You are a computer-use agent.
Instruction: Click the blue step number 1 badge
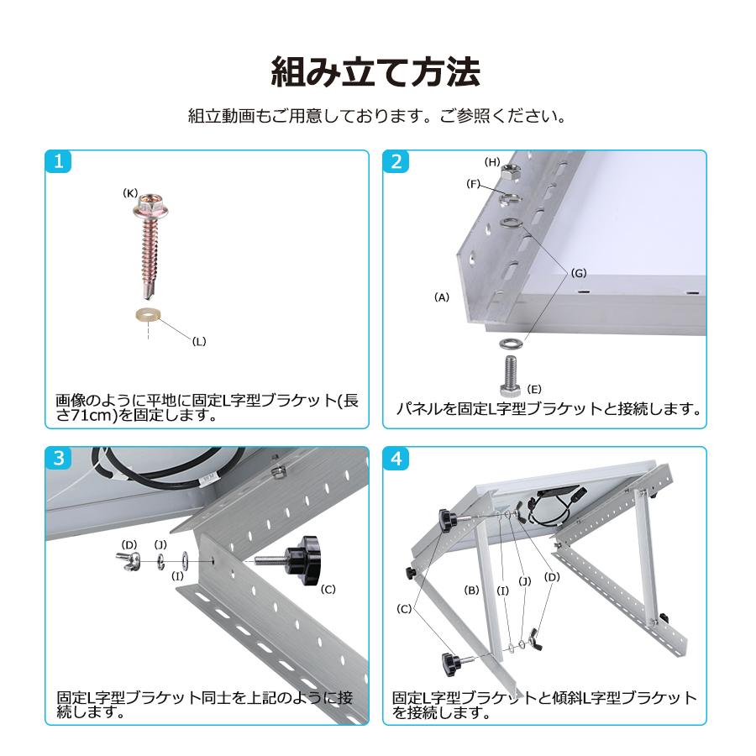58,161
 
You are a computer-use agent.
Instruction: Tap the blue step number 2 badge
396,161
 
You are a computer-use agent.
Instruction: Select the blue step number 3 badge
58,458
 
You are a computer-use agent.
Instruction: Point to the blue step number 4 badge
396,458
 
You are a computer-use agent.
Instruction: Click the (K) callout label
130,193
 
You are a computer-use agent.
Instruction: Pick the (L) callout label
199,341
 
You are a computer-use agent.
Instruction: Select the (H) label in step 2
491,162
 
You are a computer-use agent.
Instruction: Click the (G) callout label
579,273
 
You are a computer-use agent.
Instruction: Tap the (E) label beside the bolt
533,389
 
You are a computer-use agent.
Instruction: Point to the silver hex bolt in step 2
511,375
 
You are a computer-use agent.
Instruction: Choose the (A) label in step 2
442,297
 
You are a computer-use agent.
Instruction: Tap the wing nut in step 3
129,561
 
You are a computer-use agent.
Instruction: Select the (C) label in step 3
328,589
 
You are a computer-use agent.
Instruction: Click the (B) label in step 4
471,590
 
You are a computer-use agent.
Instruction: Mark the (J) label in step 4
524,581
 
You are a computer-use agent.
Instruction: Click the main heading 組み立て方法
376,73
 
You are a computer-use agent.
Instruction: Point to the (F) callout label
474,184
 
